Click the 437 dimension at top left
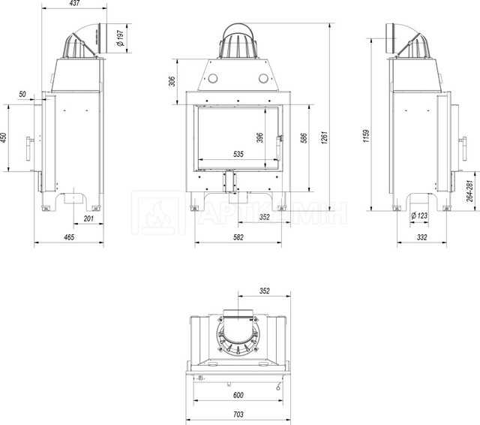tap(74, 3)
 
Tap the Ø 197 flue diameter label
tap(121, 38)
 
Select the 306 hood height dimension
tap(172, 81)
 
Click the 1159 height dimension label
tap(367, 136)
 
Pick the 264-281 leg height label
tap(470, 191)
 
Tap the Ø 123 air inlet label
tap(419, 216)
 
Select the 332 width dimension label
tap(421, 237)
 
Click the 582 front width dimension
tap(238, 237)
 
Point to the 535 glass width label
tap(238, 154)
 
